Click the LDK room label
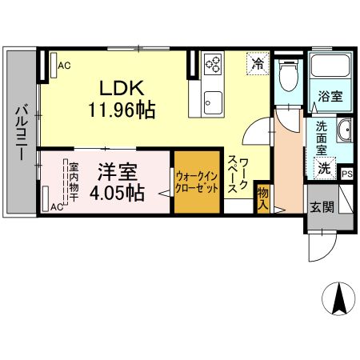(x=118, y=86)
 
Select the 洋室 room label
(x=118, y=172)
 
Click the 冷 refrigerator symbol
(x=258, y=62)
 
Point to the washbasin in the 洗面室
(x=343, y=130)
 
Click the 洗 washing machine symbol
(x=324, y=168)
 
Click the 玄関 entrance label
(x=321, y=206)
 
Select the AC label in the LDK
(x=63, y=66)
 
